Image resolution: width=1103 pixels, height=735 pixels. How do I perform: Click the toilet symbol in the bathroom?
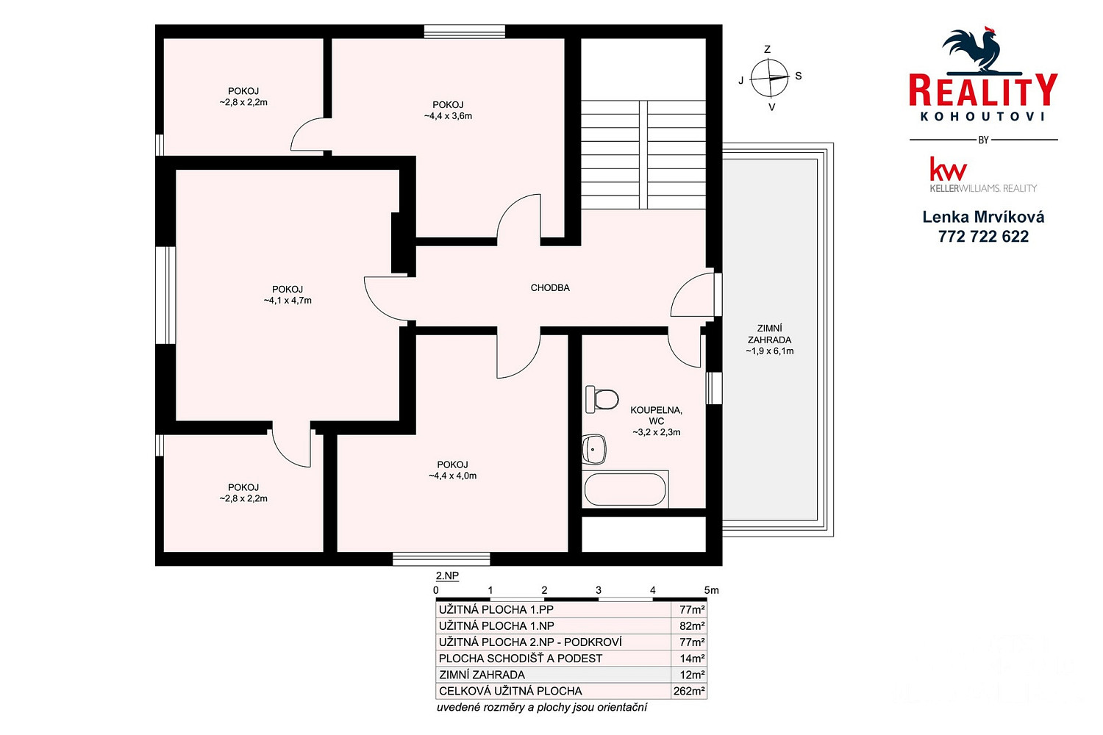tap(602, 399)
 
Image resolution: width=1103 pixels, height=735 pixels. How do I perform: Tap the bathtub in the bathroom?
tap(625, 490)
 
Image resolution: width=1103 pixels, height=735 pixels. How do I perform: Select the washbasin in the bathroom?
tap(594, 450)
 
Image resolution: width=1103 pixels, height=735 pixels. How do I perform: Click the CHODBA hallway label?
tap(550, 288)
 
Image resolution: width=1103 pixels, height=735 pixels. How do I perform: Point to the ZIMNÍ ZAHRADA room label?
tap(770, 334)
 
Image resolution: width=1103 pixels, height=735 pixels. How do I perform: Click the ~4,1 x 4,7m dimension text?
tap(288, 301)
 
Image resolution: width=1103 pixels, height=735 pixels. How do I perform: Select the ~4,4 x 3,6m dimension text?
tap(448, 116)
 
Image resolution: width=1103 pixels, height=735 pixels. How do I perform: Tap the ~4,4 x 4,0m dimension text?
tap(452, 476)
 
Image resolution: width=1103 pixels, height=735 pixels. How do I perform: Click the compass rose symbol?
tap(769, 78)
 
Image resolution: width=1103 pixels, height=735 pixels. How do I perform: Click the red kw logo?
tap(948, 169)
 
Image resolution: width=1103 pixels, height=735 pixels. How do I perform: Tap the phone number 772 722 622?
tap(983, 237)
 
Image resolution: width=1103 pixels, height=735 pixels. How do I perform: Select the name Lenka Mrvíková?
tap(983, 217)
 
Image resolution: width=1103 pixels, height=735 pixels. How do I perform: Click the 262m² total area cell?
tap(689, 691)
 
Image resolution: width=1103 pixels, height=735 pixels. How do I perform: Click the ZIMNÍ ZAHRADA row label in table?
tap(482, 675)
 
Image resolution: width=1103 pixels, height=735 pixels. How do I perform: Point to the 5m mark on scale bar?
tap(711, 590)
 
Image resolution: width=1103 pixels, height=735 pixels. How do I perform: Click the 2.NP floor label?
tap(447, 576)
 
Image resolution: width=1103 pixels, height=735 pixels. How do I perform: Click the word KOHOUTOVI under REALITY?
tap(983, 117)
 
